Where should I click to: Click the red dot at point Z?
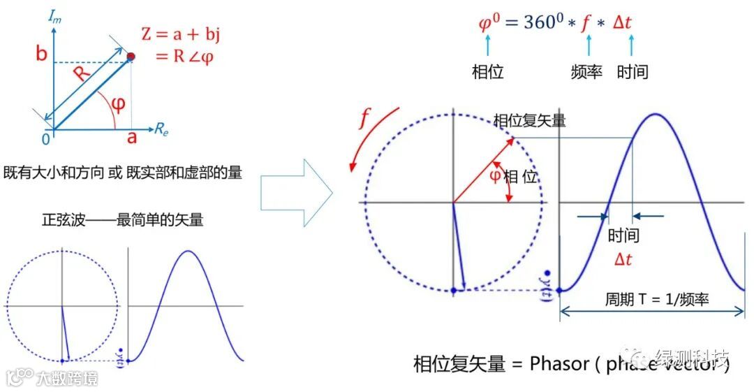pos(131,56)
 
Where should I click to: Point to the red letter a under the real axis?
pos(131,137)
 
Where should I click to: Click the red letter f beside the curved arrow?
pos(364,119)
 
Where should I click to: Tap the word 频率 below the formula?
pos(586,72)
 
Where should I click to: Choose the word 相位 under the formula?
pos(488,72)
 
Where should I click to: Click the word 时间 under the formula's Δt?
pos(633,72)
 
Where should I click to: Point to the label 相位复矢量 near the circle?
pos(529,120)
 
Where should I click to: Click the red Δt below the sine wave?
pos(623,259)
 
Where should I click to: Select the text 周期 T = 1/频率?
pos(657,300)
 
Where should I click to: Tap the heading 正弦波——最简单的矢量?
pos(123,219)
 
